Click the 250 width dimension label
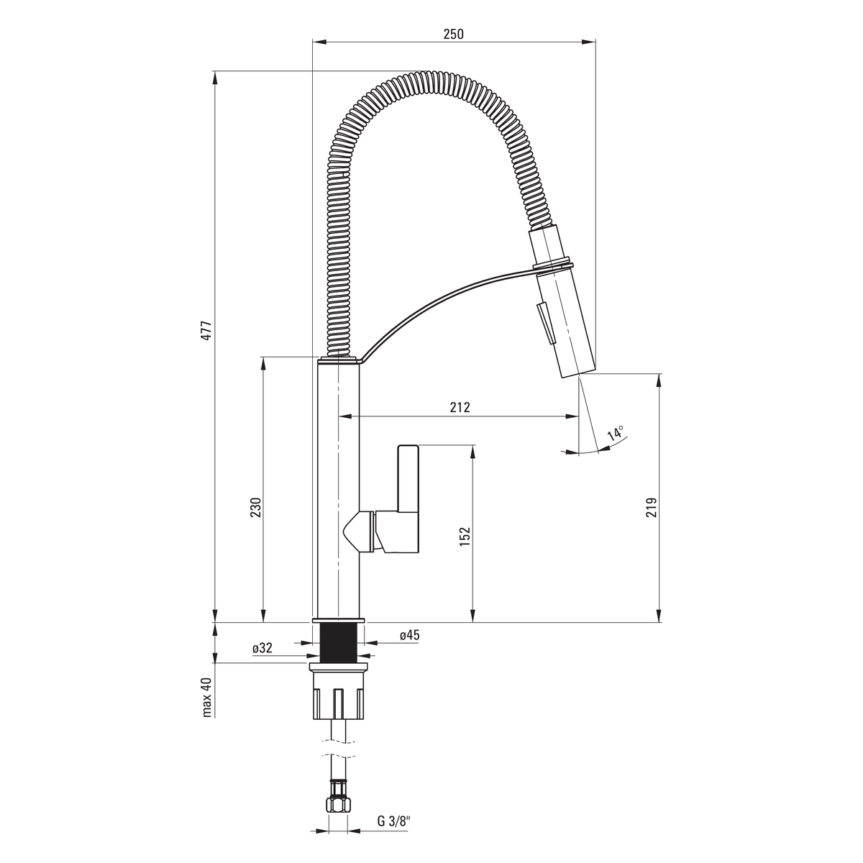point(454,34)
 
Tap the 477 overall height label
point(206,331)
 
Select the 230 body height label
point(255,507)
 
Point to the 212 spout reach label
point(460,407)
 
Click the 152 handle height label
point(465,536)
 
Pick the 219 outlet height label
point(651,508)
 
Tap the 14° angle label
point(616,434)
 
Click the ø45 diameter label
point(410,634)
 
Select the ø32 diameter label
point(262,647)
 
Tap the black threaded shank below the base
point(339,641)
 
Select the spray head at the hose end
point(561,304)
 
